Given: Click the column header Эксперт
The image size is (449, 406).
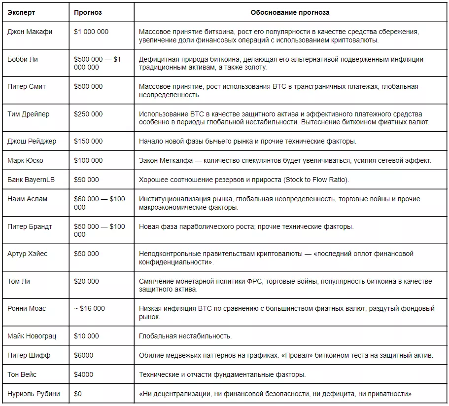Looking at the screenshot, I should point(21,12).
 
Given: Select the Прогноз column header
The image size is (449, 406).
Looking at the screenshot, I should point(88,12).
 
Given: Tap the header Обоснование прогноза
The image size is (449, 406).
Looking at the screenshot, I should point(290,12).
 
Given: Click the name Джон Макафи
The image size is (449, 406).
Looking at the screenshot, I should point(30,32).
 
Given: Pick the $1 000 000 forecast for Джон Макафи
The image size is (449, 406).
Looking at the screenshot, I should point(91,32).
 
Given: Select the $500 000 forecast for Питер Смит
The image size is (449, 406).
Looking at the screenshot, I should point(88,86).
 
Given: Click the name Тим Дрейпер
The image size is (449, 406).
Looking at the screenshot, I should point(29,114).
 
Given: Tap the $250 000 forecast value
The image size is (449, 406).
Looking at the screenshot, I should point(88,114).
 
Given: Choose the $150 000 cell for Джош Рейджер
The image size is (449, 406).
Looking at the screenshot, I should point(88,141).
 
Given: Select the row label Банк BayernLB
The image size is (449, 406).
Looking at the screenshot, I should point(31,180).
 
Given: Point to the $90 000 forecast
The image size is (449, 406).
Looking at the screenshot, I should point(86,180).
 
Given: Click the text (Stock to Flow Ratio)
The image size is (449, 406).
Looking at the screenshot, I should point(315,180).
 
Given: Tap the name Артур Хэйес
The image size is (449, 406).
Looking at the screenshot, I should point(28,254).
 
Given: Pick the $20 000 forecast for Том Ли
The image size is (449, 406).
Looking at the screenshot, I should point(86,281).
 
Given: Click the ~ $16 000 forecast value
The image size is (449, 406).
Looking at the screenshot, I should point(89,308).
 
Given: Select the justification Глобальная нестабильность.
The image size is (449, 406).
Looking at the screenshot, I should point(185,336).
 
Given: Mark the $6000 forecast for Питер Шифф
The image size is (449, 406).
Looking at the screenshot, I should point(83,355).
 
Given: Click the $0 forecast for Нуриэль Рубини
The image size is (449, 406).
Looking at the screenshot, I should point(78,394).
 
